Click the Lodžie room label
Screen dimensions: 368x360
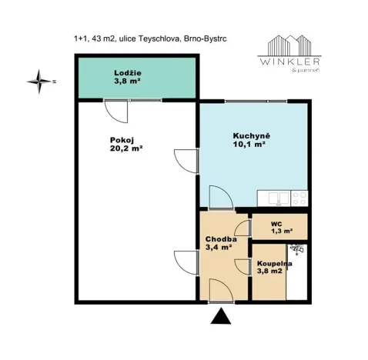[x=128, y=73]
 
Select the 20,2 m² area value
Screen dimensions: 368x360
[x=126, y=148]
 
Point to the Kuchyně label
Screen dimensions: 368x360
[x=248, y=136]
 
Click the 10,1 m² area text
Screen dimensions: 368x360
[x=249, y=144]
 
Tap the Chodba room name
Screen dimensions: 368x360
[x=221, y=239]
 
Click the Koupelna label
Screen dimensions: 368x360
[x=274, y=264]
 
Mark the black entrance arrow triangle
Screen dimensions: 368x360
[x=221, y=316]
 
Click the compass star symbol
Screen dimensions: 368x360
[x=39, y=82]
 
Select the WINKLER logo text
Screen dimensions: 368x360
[x=289, y=62]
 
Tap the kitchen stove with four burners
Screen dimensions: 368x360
[x=299, y=198]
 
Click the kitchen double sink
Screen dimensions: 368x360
[x=279, y=198]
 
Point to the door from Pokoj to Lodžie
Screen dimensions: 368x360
[x=116, y=112]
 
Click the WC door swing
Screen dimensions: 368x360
[x=243, y=228]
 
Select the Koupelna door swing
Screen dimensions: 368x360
[x=243, y=267]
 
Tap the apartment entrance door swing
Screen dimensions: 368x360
[x=221, y=291]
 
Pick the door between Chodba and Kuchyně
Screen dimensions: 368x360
[x=221, y=197]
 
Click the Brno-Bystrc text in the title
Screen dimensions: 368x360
[x=206, y=38]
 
